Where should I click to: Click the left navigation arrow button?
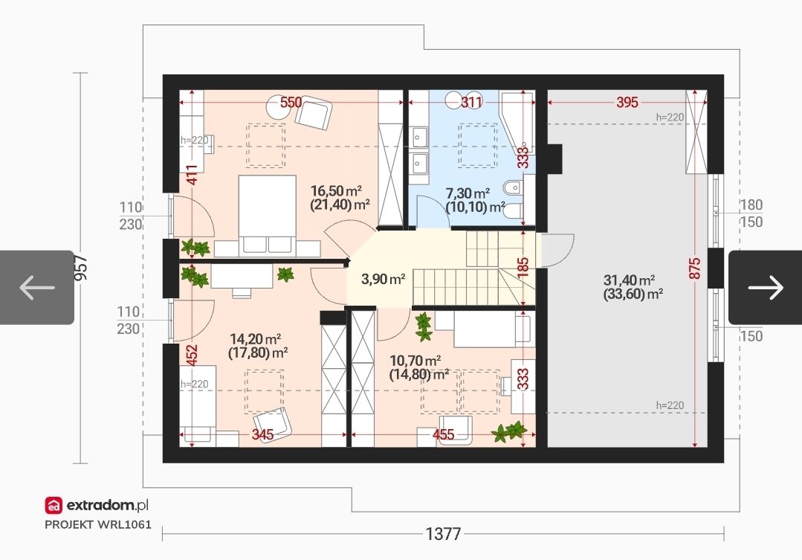(x=37, y=287)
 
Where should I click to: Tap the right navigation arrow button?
(x=765, y=287)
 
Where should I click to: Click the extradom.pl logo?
(x=97, y=505)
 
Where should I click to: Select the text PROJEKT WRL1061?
(x=98, y=525)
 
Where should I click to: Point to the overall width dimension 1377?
(x=444, y=534)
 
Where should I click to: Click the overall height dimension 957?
(x=81, y=268)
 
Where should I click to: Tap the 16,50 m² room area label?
(x=336, y=191)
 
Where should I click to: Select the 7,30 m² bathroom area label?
(x=468, y=193)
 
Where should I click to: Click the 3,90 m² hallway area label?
(x=383, y=279)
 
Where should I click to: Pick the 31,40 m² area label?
(x=629, y=280)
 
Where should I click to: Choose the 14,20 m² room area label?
(x=255, y=339)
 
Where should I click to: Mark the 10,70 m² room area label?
(x=415, y=361)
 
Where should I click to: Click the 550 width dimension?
(x=291, y=103)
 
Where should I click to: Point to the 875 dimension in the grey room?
(x=694, y=268)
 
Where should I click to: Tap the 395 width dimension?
(x=627, y=103)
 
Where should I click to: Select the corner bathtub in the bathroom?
(x=517, y=123)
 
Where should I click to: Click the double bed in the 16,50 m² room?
(x=267, y=214)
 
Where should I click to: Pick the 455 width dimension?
(x=444, y=434)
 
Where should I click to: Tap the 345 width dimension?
(x=262, y=434)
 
